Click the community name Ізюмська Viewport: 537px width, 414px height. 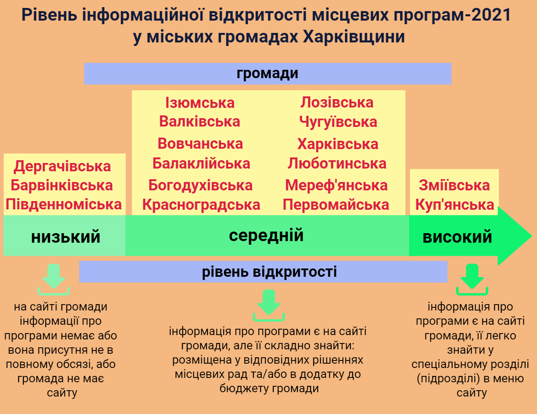(x=199, y=103)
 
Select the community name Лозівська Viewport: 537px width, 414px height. (x=337, y=102)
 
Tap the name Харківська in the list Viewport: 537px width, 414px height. (x=338, y=144)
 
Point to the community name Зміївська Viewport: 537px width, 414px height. (x=454, y=185)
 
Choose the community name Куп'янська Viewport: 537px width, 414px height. (x=455, y=205)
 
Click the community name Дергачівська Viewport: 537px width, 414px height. (x=62, y=167)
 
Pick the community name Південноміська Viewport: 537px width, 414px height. (x=63, y=205)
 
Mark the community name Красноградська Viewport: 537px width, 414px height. (x=201, y=205)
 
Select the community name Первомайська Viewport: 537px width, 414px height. (x=336, y=205)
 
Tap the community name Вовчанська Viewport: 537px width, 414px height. (x=200, y=144)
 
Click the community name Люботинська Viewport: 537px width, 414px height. (x=337, y=163)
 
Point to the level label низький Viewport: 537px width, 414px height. (x=66, y=237)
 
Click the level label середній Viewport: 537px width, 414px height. (x=266, y=236)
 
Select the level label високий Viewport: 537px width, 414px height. (x=457, y=237)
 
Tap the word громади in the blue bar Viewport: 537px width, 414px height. (x=267, y=74)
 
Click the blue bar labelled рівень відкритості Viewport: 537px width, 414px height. (x=263, y=272)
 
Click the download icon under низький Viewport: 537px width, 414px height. (x=54, y=280)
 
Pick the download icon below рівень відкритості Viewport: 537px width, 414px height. (x=269, y=305)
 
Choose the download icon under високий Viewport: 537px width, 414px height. (x=472, y=280)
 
